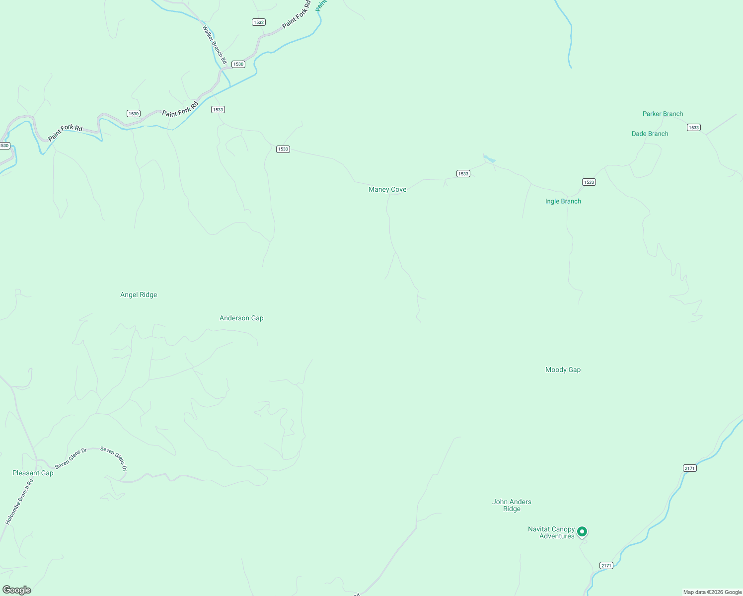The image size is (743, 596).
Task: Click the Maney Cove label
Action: [x=387, y=189]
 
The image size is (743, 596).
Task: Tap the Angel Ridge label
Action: [x=139, y=295]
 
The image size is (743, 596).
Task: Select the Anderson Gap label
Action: [x=241, y=318]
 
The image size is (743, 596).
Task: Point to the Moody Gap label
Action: [x=563, y=370]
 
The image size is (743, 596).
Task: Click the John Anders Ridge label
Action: [x=512, y=505]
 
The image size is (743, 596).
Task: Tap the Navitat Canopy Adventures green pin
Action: [x=582, y=532]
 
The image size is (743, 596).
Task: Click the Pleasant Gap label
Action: [x=33, y=473]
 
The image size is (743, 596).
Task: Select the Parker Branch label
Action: [x=663, y=114]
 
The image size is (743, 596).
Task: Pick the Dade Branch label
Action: [x=650, y=134]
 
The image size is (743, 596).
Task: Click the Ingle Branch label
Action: [x=563, y=201]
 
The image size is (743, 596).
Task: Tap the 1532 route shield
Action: [x=258, y=22]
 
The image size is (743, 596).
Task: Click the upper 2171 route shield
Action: [x=689, y=468]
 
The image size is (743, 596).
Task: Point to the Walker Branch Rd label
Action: [x=215, y=45]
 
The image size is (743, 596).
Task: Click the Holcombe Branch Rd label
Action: [x=19, y=502]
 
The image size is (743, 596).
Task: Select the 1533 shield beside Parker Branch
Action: [x=693, y=128]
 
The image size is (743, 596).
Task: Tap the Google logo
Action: [x=17, y=590]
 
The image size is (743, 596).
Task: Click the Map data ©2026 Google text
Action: [x=712, y=592]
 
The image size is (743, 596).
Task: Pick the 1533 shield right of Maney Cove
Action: [x=463, y=174]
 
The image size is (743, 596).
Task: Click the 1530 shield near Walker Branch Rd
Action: [x=238, y=64]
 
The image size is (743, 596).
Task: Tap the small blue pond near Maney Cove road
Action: [x=490, y=159]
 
